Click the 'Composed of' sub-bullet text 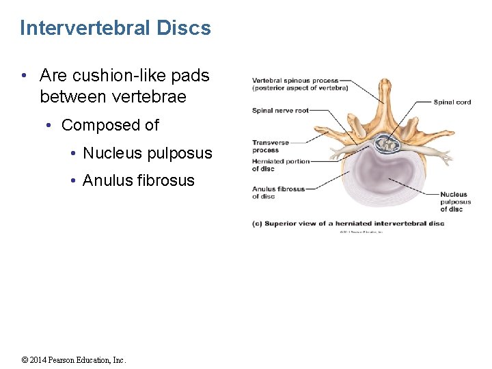coord(110,125)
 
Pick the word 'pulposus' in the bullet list coord(180,153)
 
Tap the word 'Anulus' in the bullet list coord(107,180)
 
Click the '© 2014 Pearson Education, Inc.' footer coord(74,360)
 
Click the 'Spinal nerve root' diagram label coord(280,111)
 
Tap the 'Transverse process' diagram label coord(271,146)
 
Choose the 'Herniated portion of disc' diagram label coord(280,165)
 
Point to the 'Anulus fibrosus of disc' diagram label coord(278,193)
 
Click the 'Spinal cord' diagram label coord(452,102)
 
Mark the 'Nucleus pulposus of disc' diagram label coord(455,202)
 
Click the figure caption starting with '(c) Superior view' coord(348,223)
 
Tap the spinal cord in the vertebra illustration coord(387,144)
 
